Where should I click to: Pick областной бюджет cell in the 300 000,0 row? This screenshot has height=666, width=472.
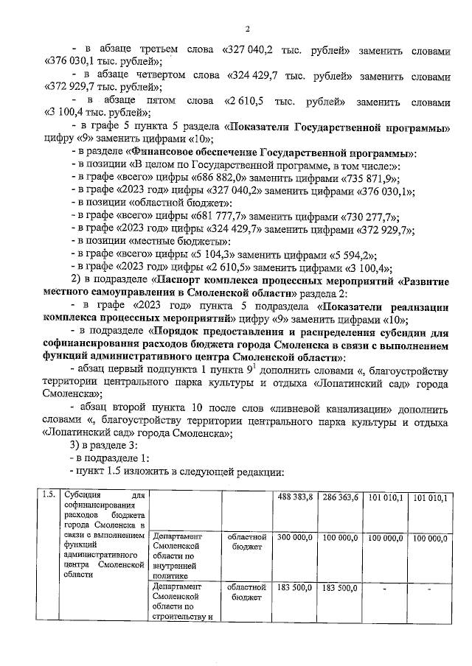click(247, 543)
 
